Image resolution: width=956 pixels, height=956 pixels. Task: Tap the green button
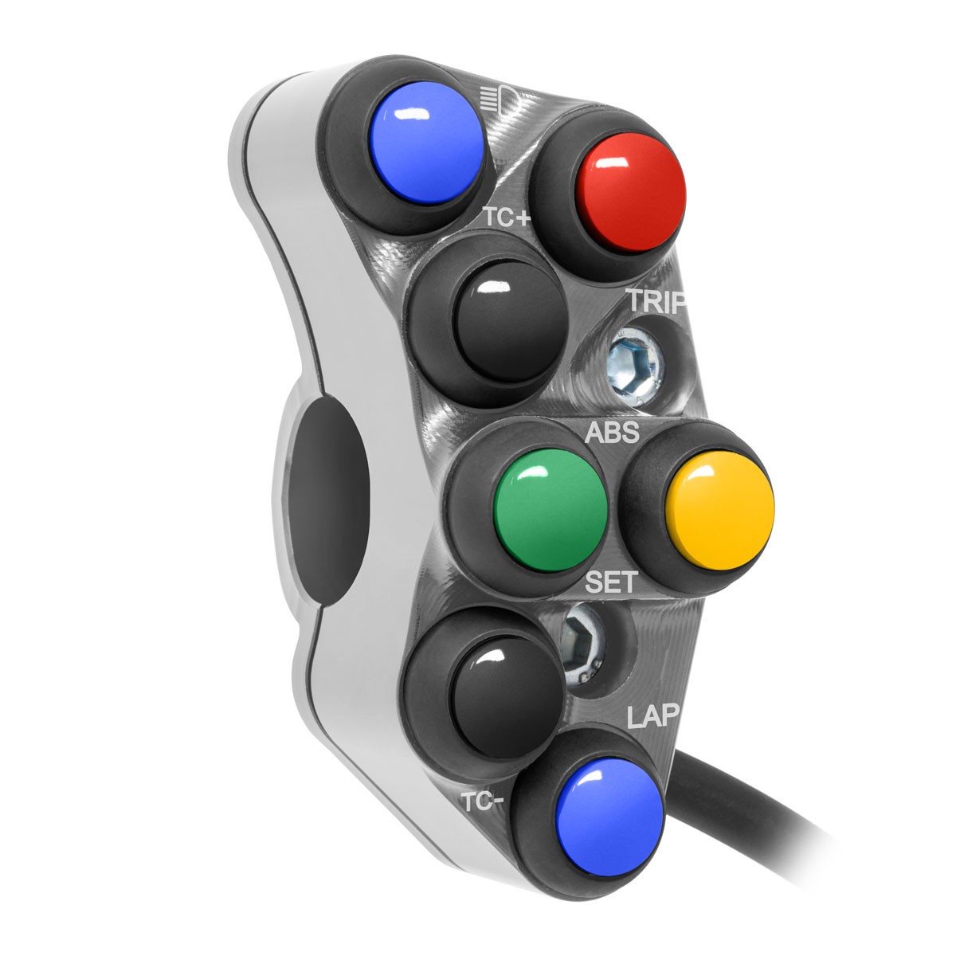click(x=550, y=510)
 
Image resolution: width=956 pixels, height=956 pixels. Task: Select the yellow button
click(x=720, y=510)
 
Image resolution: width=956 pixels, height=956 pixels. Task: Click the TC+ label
click(x=507, y=217)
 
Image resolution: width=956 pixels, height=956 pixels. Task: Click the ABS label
click(x=612, y=433)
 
